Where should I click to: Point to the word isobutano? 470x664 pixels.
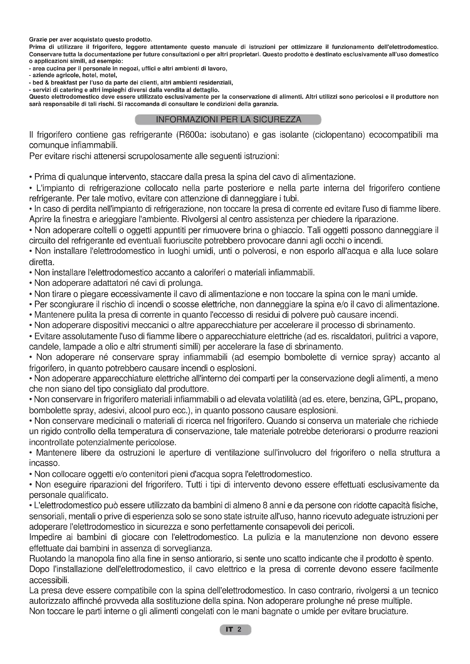(x=230, y=135)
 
